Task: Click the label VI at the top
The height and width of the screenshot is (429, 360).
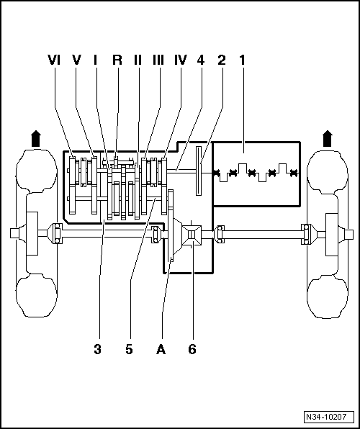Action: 54,60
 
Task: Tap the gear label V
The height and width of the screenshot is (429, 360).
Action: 76,60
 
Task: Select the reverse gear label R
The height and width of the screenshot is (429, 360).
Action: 117,60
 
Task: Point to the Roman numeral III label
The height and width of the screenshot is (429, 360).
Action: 158,60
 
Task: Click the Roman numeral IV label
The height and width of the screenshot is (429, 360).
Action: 181,60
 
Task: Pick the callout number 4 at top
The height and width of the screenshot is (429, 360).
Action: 201,60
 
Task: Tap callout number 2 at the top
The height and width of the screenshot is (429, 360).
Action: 222,60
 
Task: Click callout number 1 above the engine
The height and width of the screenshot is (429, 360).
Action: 243,60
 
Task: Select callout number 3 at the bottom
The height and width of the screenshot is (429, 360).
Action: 98,349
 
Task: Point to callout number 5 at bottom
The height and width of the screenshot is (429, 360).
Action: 129,349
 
